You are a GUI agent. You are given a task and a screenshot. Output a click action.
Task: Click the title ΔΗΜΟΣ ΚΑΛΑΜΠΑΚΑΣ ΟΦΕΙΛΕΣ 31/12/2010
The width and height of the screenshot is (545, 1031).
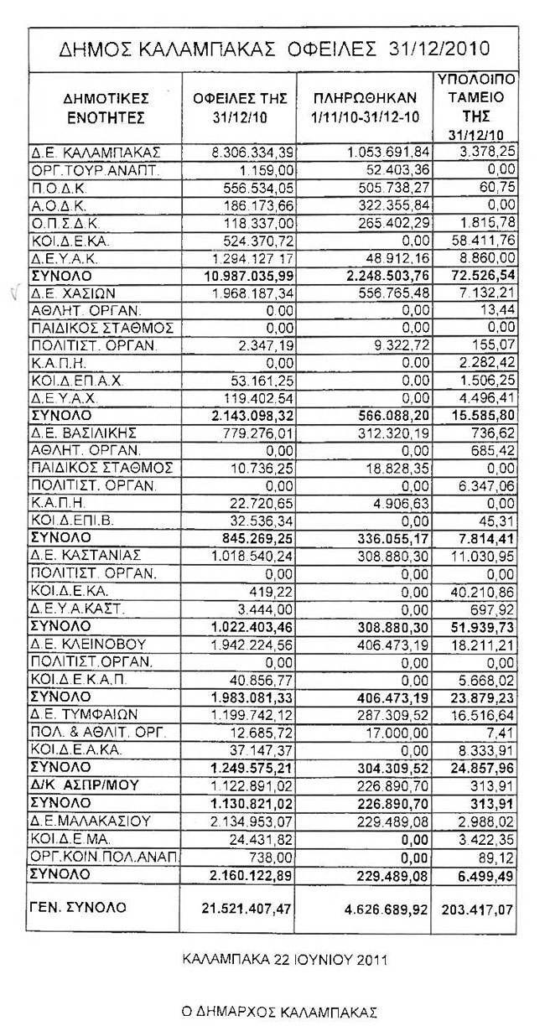[x=275, y=49]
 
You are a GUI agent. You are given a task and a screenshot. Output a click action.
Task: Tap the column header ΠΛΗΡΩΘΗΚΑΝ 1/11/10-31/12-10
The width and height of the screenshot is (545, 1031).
[x=363, y=109]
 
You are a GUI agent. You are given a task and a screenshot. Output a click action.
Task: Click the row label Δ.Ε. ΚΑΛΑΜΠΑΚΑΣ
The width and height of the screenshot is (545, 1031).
[x=95, y=152]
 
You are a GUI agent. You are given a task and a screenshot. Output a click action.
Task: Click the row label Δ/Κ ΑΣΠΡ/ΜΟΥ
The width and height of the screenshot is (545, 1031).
[x=84, y=784]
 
